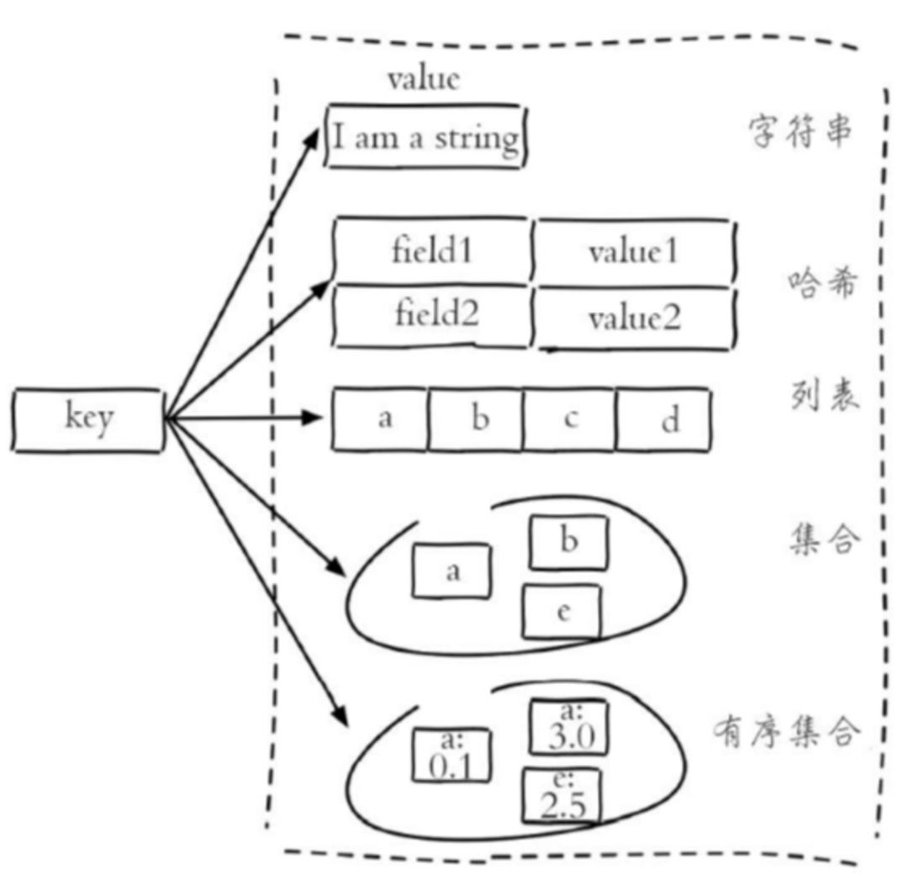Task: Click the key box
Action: tap(87, 419)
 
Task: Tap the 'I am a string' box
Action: tap(425, 137)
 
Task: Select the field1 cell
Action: tap(432, 250)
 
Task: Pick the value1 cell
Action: tap(634, 252)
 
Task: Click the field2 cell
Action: tap(433, 316)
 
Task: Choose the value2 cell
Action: tap(635, 318)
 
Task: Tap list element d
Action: tap(663, 419)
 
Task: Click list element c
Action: tap(569, 419)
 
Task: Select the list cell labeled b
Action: tap(475, 419)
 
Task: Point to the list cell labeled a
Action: tap(380, 419)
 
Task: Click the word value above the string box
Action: tap(424, 79)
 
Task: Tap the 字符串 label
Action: tap(800, 131)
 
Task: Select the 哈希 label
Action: tap(821, 282)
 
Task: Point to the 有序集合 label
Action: tap(785, 732)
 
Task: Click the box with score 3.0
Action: tap(569, 727)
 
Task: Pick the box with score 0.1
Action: tap(451, 755)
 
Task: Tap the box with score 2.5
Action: tap(562, 795)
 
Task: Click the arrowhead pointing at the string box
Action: tap(312, 140)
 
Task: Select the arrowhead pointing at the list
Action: tap(312, 418)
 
